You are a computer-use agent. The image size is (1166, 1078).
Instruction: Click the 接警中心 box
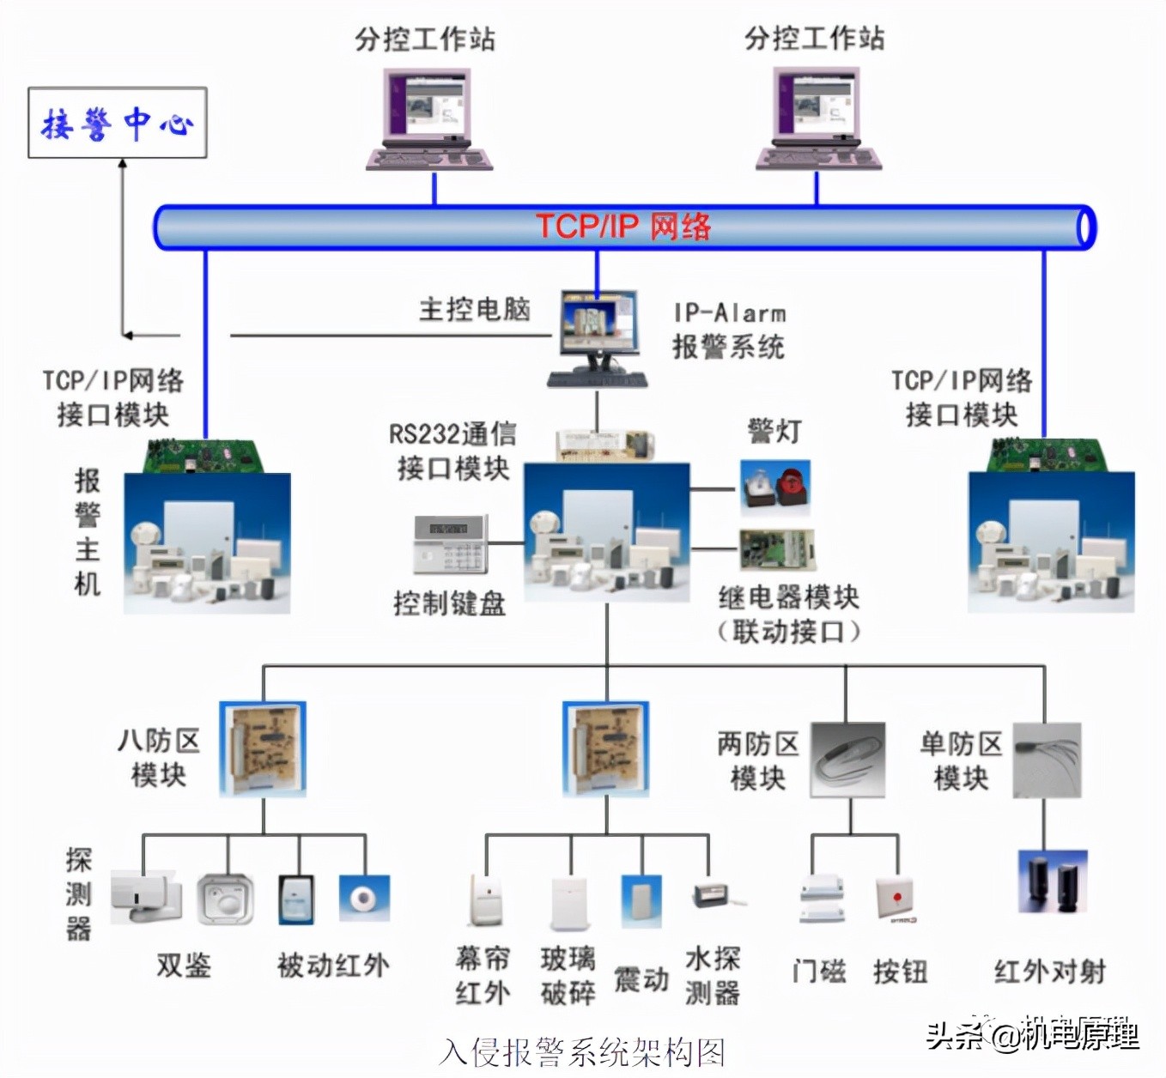[118, 123]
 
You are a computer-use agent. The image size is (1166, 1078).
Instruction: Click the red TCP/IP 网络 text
[623, 227]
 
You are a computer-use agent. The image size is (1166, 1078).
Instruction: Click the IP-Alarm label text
[729, 313]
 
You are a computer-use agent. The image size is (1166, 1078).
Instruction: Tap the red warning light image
[775, 487]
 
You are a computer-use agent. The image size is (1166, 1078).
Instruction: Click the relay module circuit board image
[777, 550]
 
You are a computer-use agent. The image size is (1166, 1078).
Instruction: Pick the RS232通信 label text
[452, 434]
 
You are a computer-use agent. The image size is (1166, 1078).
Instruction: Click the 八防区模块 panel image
[263, 749]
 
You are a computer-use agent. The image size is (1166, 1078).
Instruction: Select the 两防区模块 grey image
[847, 760]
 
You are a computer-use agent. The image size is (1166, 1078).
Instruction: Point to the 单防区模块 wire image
[1047, 760]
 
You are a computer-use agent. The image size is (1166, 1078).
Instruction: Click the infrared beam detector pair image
[1053, 882]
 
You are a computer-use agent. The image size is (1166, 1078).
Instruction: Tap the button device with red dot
[896, 900]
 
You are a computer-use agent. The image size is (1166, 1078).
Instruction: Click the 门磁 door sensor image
[822, 899]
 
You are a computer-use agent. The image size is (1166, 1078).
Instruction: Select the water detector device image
[717, 896]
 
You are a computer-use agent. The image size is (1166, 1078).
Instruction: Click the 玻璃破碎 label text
[568, 976]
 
